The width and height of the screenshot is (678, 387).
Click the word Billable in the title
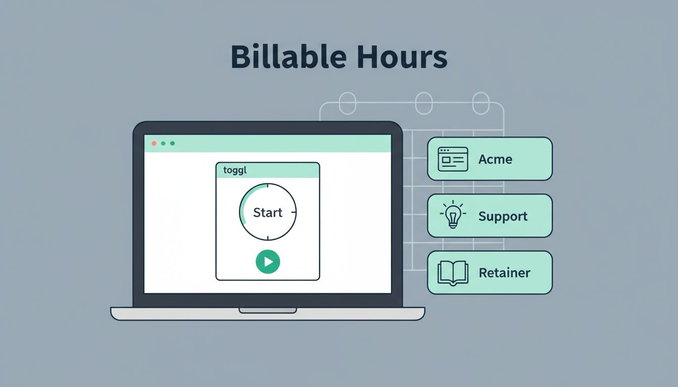289,56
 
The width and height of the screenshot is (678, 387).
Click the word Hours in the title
402,56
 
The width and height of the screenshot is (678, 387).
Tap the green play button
268,262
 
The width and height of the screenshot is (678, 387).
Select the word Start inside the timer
267,213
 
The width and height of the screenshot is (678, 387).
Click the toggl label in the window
235,170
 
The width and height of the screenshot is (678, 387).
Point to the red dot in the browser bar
154,143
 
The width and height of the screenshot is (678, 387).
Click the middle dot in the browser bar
163,143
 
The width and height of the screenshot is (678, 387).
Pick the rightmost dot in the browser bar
173,143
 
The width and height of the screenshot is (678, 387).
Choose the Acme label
495,159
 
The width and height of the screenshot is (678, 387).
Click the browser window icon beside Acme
453,159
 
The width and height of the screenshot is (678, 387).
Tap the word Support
503,217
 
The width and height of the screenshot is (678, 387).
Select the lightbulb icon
453,214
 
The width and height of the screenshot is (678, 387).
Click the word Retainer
504,273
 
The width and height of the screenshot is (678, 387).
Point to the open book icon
453,273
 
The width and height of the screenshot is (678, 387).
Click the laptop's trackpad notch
267,310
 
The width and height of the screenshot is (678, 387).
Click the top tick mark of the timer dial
268,185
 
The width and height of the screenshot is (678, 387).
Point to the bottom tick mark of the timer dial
268,238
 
